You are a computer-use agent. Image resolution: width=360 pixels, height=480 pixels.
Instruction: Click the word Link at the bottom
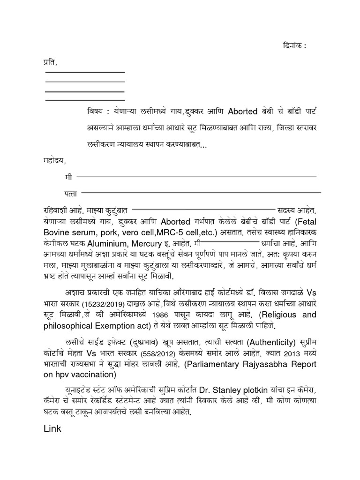click(x=53, y=428)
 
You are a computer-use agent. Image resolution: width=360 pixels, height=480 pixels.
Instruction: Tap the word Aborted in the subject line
click(x=243, y=112)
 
